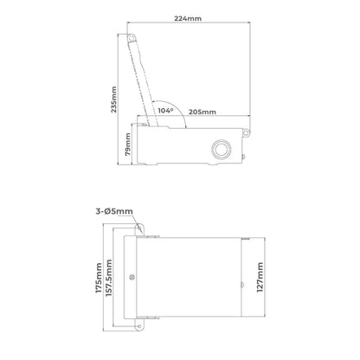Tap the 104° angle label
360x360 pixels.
165,111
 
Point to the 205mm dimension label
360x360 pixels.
202,111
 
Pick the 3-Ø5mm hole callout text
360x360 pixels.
110,209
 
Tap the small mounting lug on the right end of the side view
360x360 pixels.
247,132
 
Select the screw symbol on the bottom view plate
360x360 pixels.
131,278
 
